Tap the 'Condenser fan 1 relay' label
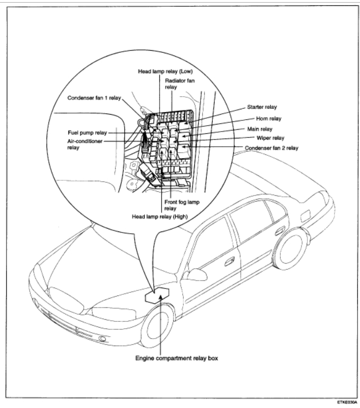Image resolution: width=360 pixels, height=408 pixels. [100, 97]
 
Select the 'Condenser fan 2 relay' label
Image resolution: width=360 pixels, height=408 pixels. [271, 148]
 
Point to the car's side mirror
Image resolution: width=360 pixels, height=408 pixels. [196, 275]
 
